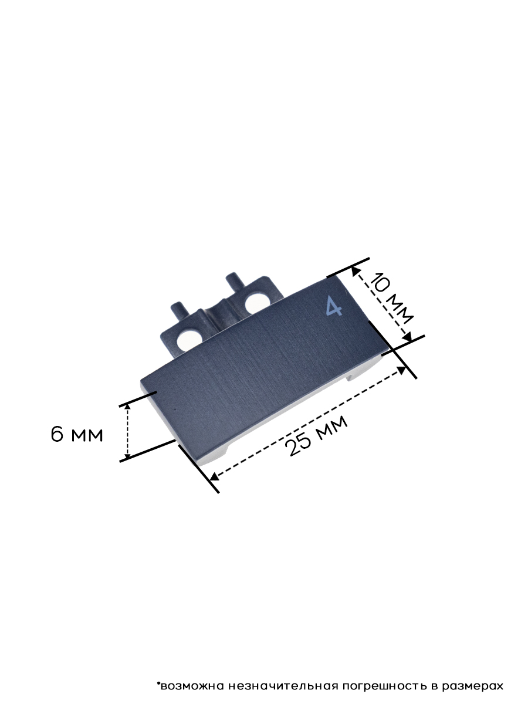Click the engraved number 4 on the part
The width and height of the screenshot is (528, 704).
[334, 306]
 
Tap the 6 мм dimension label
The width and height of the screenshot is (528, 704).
[77, 435]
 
